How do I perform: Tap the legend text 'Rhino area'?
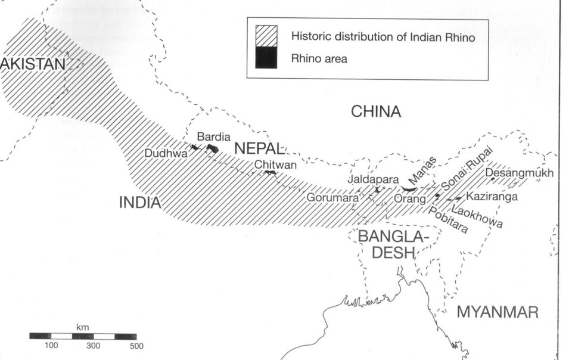click(319, 58)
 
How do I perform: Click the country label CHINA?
click(376, 111)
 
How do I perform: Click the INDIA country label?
click(141, 203)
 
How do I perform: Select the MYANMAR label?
click(497, 312)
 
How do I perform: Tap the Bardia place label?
click(213, 136)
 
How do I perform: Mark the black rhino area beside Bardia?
click(213, 149)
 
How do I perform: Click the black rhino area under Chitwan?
click(271, 173)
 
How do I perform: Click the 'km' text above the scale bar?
click(82, 328)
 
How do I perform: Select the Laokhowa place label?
click(477, 217)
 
